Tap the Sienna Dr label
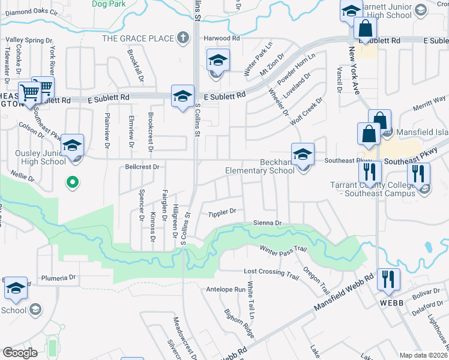click(268, 223)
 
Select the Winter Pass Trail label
click(283, 248)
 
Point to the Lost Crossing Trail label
click(271, 272)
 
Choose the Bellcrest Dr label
click(142, 166)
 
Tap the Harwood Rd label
click(221, 38)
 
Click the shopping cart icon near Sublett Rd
click(42, 88)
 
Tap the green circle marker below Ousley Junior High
click(72, 182)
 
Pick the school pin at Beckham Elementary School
click(303, 154)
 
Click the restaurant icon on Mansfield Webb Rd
click(390, 280)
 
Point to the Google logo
click(20, 352)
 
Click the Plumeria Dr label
click(58, 278)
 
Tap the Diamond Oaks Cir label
click(31, 11)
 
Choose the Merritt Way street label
click(429, 99)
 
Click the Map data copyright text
click(422, 355)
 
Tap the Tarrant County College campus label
click(372, 189)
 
